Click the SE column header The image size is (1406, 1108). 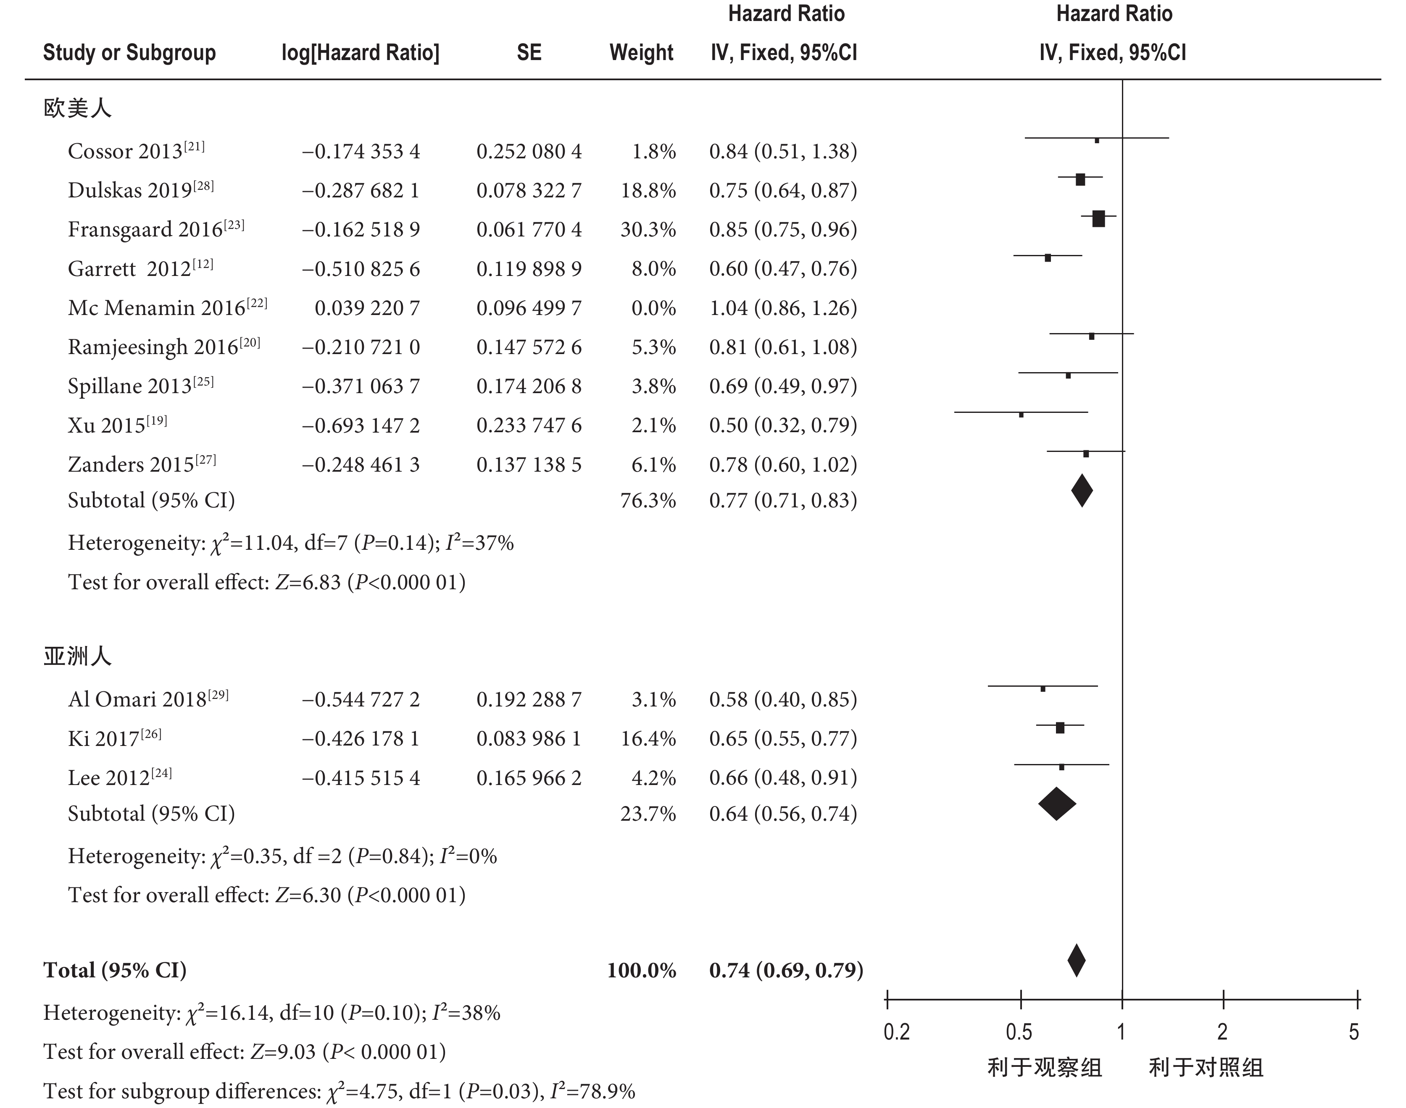pyautogui.click(x=529, y=53)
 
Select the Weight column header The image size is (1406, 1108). pyautogui.click(x=641, y=53)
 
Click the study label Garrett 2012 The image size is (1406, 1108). pyautogui.click(x=140, y=268)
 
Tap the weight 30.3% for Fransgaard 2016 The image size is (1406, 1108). pyautogui.click(x=648, y=230)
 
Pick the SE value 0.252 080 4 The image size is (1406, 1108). pyautogui.click(x=529, y=152)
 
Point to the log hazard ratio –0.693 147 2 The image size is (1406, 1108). pyautogui.click(x=361, y=425)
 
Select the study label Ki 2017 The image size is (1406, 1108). pyautogui.click(x=114, y=738)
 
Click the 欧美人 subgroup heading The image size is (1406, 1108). pyautogui.click(x=77, y=108)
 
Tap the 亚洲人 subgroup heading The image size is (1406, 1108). pyautogui.click(x=77, y=656)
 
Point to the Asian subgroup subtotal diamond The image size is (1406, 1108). pyautogui.click(x=1057, y=804)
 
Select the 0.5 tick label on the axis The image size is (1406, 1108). pyautogui.click(x=1019, y=1032)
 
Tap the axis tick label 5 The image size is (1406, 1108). pyautogui.click(x=1353, y=1032)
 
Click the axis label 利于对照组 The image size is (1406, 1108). pyautogui.click(x=1206, y=1067)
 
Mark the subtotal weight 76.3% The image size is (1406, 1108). pyautogui.click(x=648, y=501)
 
